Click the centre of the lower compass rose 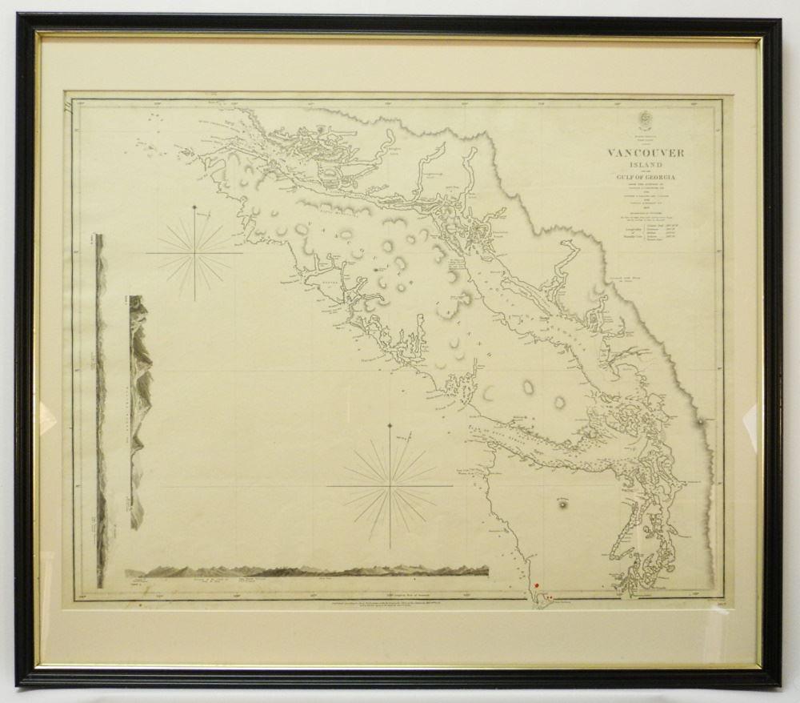(390, 484)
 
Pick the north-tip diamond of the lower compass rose (390, 424)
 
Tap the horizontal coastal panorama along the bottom (306, 571)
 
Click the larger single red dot (537, 587)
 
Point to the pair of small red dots (549, 595)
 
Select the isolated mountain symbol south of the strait (564, 504)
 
